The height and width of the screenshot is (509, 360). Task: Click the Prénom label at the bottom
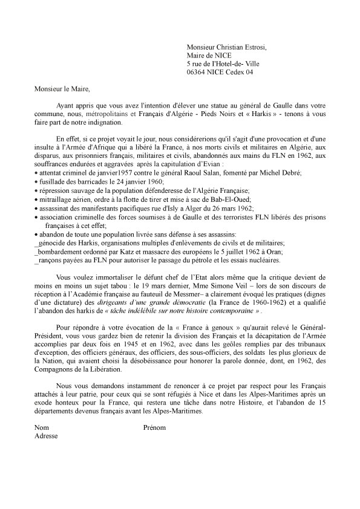(x=153, y=427)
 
